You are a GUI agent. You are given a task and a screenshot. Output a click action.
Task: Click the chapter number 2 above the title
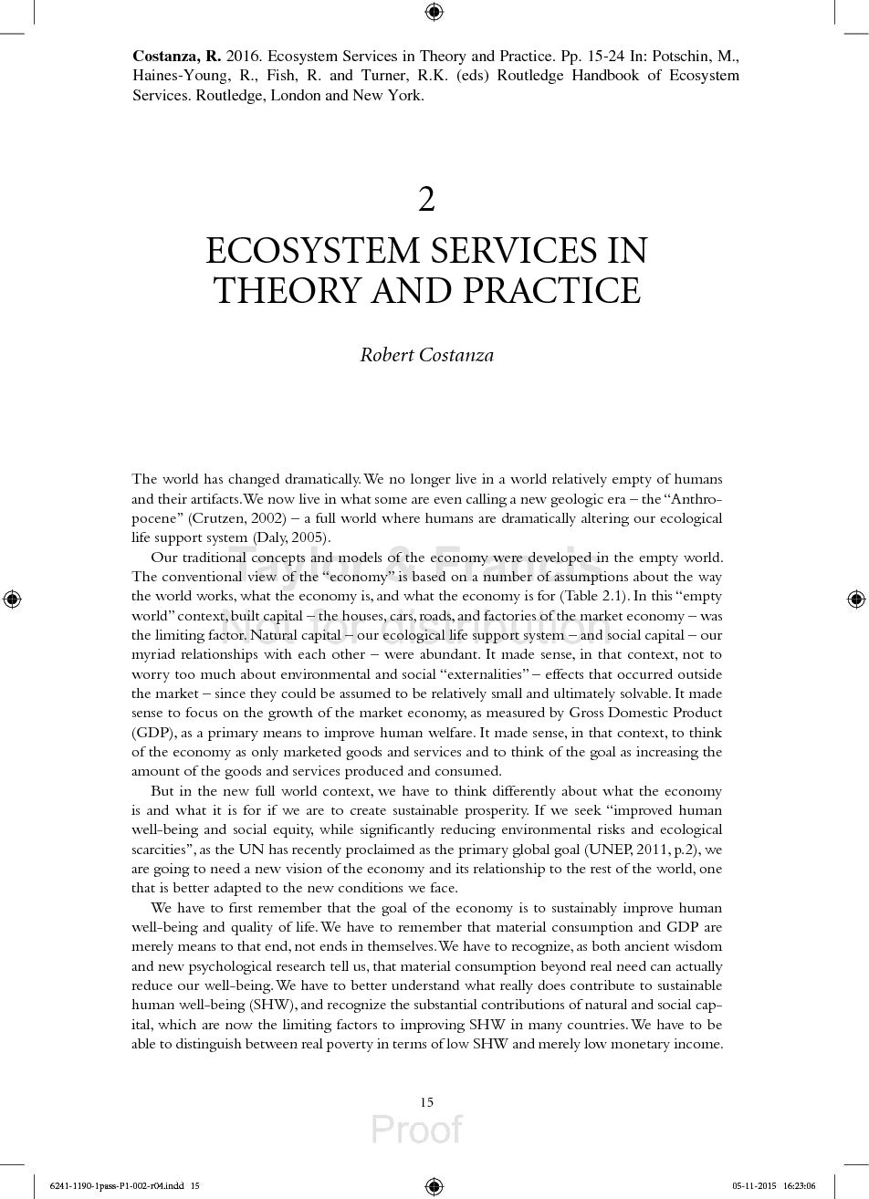coord(426,199)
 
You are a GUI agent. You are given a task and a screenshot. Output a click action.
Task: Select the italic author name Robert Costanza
coord(426,355)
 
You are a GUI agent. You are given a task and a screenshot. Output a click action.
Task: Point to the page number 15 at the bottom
coord(426,1102)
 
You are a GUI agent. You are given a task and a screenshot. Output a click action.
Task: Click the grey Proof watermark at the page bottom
coord(416,1130)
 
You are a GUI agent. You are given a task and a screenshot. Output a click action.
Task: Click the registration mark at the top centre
coord(434,12)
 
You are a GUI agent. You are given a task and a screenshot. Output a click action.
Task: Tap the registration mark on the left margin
coord(12,599)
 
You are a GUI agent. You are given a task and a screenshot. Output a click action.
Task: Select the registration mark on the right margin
coord(856,599)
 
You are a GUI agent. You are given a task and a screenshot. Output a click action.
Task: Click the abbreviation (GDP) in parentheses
coord(151,733)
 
